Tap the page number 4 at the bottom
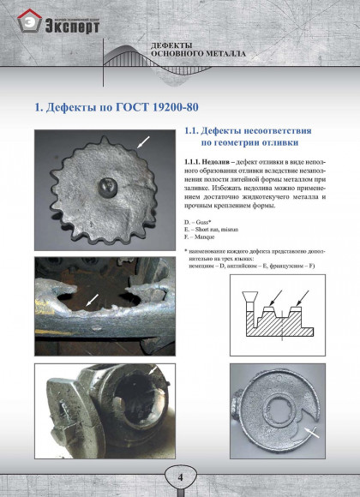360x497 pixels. click(180, 476)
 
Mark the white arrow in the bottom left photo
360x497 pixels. click(153, 369)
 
